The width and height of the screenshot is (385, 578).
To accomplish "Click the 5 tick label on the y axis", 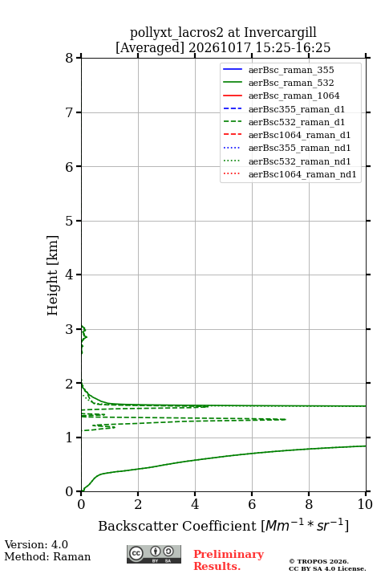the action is point(70,221).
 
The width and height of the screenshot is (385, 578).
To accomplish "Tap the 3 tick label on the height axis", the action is point(70,329).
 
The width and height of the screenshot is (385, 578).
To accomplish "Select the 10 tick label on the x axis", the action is point(365,504).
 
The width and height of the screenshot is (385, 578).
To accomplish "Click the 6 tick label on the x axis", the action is point(252,504).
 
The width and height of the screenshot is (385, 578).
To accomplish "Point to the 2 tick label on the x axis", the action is point(138,504).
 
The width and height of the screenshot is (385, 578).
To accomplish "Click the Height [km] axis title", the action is point(53,275).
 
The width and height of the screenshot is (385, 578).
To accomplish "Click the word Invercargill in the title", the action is point(281,33).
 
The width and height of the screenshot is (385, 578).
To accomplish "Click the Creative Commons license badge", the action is point(154,554).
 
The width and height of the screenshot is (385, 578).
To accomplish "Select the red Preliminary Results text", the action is point(229,560).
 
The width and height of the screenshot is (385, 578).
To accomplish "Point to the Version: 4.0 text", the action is point(36,544).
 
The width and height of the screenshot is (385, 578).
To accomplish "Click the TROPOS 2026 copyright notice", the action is point(319,561).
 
